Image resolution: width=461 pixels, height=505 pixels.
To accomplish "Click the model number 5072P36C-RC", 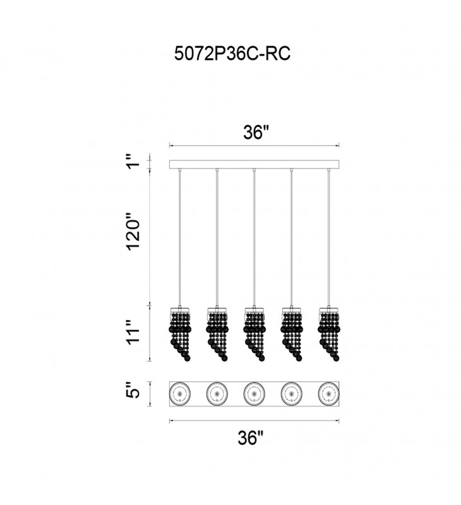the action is (232, 53).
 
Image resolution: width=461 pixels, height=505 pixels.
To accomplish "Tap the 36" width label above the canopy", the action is (256, 132).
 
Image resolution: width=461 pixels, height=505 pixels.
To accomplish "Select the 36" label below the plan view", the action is (251, 437).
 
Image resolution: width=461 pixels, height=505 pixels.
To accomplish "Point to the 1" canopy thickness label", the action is (133, 161).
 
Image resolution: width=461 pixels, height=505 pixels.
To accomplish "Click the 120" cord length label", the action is (133, 231).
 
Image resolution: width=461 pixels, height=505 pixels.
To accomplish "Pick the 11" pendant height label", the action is (133, 332).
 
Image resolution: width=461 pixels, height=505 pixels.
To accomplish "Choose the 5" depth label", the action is (133, 390).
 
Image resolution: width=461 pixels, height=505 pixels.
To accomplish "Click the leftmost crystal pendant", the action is (180, 334).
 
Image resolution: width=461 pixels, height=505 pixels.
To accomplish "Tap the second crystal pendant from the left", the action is (217, 334).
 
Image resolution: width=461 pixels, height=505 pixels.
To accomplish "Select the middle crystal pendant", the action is (254, 334).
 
